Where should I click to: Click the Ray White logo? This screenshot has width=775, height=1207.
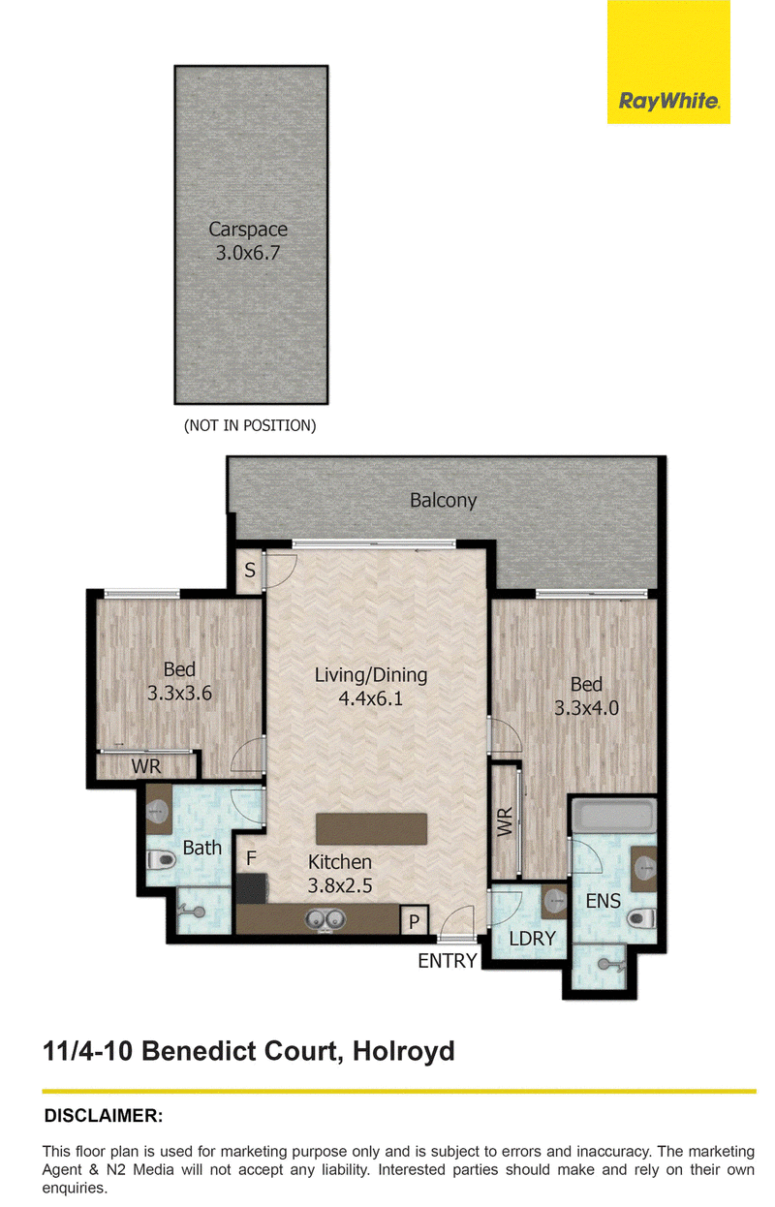click(668, 62)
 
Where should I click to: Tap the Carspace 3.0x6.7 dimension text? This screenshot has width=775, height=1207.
click(248, 253)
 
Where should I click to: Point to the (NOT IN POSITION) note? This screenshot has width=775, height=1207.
click(250, 425)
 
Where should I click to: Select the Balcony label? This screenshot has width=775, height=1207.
click(443, 501)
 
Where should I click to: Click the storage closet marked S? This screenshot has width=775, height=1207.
click(250, 571)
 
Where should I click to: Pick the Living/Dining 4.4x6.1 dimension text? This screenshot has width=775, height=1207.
click(371, 698)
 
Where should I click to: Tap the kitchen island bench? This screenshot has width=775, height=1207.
click(371, 829)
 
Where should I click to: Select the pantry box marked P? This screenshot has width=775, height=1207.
click(414, 920)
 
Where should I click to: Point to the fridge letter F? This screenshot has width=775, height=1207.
click(251, 858)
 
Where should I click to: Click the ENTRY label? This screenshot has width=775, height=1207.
click(448, 961)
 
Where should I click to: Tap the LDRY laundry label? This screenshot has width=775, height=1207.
click(532, 939)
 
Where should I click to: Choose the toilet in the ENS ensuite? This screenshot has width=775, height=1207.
click(643, 918)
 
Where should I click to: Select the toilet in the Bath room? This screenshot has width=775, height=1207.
click(161, 859)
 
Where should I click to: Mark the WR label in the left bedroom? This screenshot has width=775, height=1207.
click(146, 766)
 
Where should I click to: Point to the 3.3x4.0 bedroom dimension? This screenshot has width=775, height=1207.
click(586, 708)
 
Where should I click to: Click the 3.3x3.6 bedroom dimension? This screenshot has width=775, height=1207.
click(179, 693)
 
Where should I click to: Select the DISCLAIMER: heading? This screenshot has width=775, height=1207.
click(104, 1115)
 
